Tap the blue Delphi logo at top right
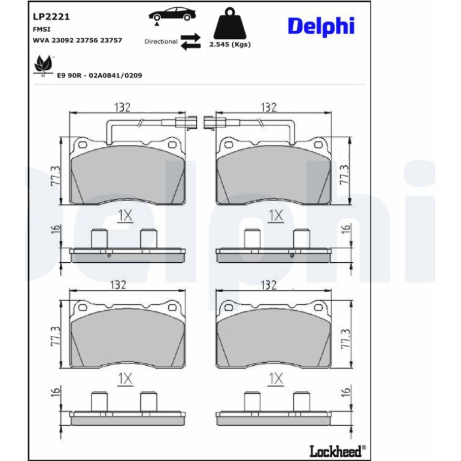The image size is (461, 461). click(x=321, y=26)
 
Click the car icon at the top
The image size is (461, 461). click(x=172, y=15)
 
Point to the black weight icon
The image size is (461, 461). click(x=230, y=23)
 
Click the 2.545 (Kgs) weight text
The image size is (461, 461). click(x=230, y=45)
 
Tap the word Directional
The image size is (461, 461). click(x=161, y=41)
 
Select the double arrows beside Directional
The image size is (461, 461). click(x=190, y=42)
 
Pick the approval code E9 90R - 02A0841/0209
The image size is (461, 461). click(x=99, y=75)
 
